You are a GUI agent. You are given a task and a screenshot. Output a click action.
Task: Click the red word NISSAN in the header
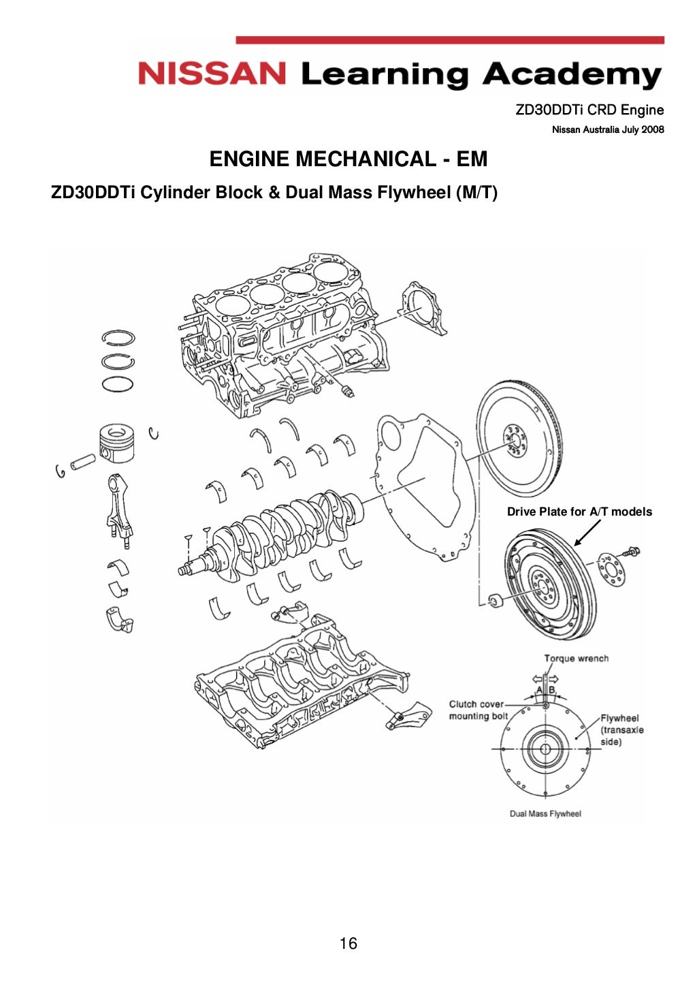tap(212, 74)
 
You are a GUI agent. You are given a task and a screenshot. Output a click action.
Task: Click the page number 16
tap(348, 943)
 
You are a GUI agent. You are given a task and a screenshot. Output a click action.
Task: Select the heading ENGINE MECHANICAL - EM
tap(348, 159)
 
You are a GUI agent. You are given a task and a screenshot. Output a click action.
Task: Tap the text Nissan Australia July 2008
tap(607, 129)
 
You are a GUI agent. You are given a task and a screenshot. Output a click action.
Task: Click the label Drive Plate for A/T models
tap(579, 512)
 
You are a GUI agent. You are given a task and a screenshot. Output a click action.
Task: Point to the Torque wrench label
tap(576, 658)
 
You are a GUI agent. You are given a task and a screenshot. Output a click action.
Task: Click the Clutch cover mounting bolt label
tap(478, 710)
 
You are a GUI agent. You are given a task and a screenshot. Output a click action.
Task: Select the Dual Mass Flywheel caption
tap(545, 813)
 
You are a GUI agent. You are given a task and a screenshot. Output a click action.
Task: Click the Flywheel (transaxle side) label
tap(621, 730)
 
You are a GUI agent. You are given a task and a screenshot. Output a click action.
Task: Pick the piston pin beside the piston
tap(83, 461)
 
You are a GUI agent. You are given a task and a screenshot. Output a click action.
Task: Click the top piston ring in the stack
tap(118, 337)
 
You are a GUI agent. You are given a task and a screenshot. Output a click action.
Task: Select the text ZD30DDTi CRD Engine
tap(589, 110)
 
